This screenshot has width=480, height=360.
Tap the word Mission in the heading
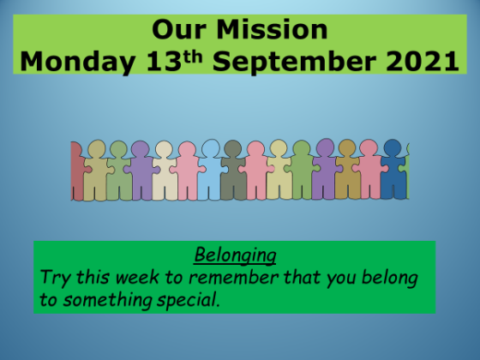point(273,30)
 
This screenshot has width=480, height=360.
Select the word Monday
point(77,62)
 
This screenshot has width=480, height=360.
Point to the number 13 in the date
point(164,61)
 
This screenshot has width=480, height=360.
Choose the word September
point(294,62)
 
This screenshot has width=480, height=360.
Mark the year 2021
point(423,61)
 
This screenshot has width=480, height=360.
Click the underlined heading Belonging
point(235,255)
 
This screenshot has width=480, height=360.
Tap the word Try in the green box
point(56,278)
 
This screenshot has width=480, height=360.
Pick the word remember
point(233,277)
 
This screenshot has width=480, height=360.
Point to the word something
point(107,300)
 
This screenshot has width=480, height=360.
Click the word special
point(189,300)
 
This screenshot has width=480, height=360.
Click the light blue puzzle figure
point(210,170)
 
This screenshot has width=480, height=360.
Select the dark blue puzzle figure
point(393,170)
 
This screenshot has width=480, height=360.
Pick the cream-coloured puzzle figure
point(165,171)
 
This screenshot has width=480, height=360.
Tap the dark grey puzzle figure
point(233,171)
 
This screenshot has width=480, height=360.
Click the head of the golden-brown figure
point(347,148)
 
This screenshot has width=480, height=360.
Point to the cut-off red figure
point(77,171)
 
